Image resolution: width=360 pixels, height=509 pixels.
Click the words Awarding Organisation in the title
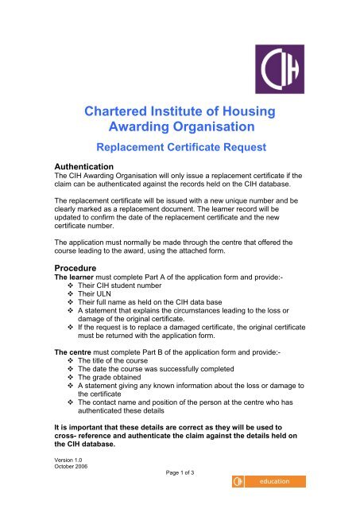[x=179, y=127]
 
